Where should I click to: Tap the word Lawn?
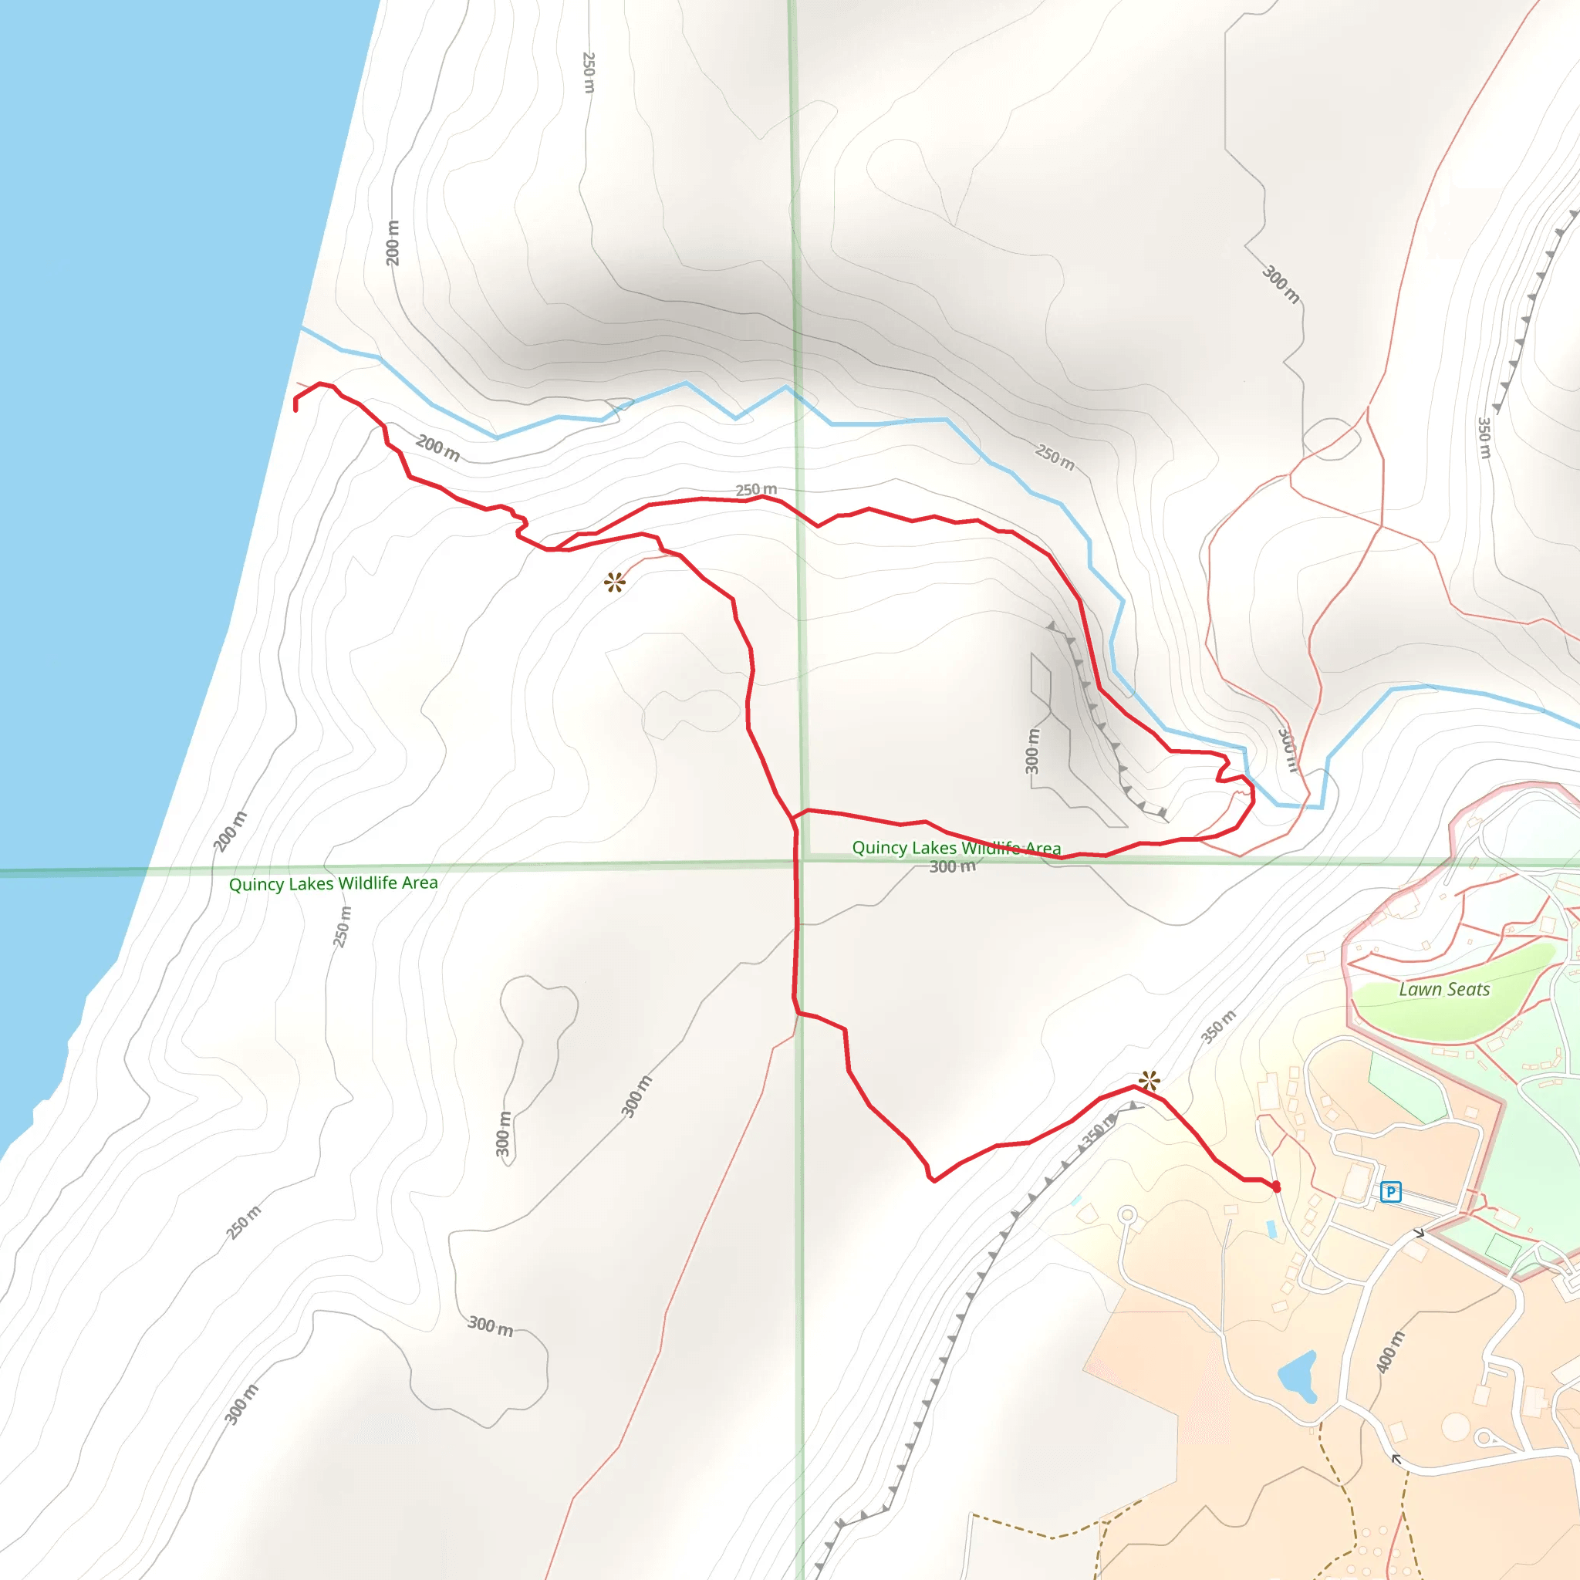click(x=1419, y=990)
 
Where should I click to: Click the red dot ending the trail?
click(x=1276, y=1187)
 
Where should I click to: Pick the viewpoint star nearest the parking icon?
click(x=1149, y=1081)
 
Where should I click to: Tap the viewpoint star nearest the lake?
click(x=614, y=582)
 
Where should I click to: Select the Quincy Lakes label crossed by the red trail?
click(x=956, y=847)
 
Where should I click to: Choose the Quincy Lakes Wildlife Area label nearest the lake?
click(x=333, y=883)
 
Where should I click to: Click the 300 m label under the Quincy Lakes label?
click(x=952, y=866)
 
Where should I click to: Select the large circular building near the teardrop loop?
click(x=1455, y=1428)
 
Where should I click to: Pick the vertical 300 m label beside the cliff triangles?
click(x=1033, y=751)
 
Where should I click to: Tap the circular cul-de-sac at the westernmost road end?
click(x=1128, y=1214)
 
